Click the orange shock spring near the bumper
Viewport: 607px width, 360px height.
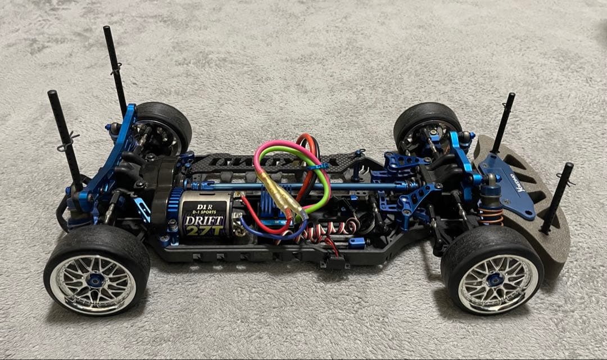click(491, 216)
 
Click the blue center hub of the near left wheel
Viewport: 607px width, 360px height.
click(97, 279)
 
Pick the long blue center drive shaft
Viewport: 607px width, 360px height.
click(337, 185)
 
